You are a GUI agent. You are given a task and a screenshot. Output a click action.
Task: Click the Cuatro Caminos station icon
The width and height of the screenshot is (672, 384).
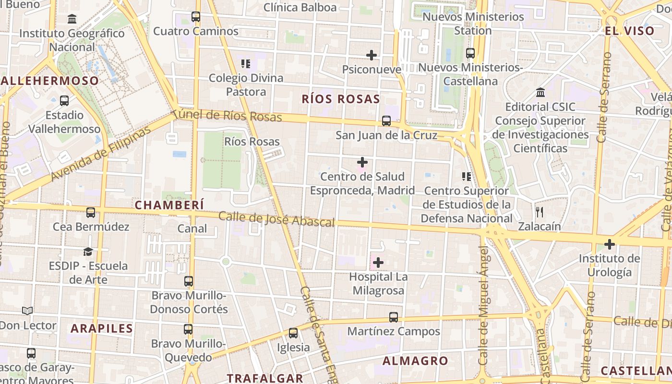(x=195, y=17)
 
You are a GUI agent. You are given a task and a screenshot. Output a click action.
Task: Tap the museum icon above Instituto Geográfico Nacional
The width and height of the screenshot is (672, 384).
(x=72, y=19)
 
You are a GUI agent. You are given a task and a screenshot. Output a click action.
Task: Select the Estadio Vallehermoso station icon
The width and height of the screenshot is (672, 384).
(x=64, y=101)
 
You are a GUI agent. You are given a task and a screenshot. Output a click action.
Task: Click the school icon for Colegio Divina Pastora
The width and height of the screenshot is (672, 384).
(x=246, y=63)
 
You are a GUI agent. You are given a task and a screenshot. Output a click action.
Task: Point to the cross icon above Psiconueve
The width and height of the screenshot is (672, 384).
(x=371, y=55)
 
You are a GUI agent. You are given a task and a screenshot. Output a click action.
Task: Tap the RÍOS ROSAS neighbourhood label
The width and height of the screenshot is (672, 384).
(x=341, y=99)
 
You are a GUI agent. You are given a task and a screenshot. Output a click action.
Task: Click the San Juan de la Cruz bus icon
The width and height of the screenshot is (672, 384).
(x=386, y=121)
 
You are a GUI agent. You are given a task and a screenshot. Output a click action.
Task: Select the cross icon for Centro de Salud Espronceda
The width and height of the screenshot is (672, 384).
(x=362, y=162)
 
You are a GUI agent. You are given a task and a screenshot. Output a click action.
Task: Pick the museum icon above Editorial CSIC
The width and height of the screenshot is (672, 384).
(x=540, y=92)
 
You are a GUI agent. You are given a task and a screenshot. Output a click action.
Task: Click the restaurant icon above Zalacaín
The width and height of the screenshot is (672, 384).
(x=540, y=212)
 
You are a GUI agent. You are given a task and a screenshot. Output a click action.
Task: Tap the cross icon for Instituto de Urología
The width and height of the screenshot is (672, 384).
(x=609, y=244)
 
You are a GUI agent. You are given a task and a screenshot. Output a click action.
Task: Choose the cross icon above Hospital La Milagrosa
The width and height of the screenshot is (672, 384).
(x=378, y=263)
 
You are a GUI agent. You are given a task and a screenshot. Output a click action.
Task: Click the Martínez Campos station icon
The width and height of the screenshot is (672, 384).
(x=394, y=317)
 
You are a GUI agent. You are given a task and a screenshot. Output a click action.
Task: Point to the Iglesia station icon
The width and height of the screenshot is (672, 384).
(x=293, y=333)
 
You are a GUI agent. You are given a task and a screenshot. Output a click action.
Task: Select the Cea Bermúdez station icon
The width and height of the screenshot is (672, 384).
(x=91, y=212)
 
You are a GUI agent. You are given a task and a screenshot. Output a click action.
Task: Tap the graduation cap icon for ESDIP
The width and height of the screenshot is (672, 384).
(x=88, y=252)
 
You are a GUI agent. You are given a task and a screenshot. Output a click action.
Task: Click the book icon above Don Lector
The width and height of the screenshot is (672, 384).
(x=27, y=311)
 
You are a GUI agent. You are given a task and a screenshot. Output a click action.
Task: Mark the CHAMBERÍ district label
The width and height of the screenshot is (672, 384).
(x=169, y=205)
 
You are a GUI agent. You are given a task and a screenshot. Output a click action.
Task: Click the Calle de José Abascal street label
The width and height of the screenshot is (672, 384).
(x=276, y=219)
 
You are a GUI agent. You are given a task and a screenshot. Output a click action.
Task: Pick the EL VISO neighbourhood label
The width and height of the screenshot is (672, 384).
(x=629, y=31)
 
